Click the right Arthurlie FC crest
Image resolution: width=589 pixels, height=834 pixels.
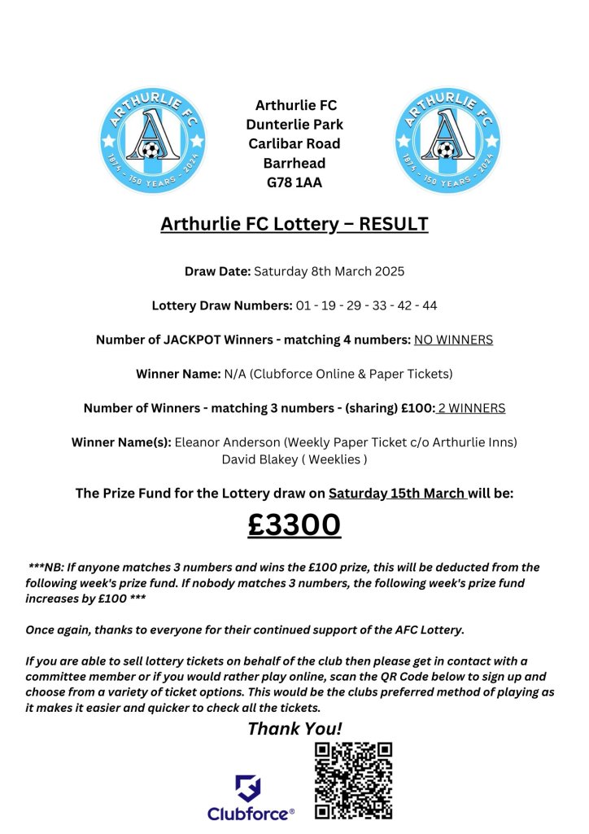[444, 140]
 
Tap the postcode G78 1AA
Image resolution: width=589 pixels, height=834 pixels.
[294, 182]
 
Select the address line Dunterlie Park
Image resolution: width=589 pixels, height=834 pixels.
[294, 125]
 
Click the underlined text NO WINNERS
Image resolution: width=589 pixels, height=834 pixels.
[453, 340]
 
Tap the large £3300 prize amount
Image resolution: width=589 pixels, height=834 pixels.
[294, 525]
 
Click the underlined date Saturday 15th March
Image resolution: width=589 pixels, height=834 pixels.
[397, 494]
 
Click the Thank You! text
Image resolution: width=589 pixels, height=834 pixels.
[294, 728]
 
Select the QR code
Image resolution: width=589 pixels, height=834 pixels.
[354, 780]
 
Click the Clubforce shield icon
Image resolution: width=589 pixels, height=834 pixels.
[248, 788]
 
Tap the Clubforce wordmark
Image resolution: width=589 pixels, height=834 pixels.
[251, 814]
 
